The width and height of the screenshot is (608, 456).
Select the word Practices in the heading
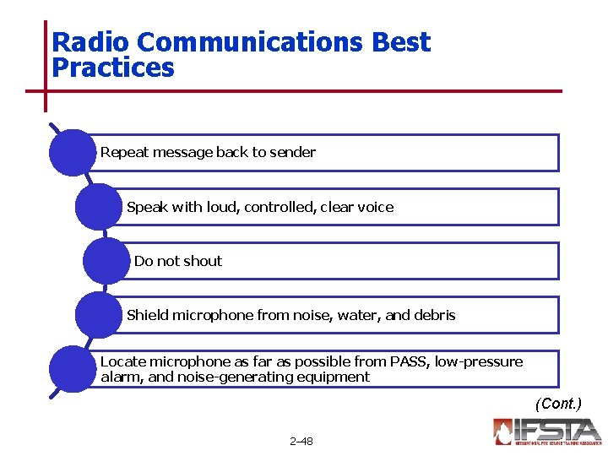[113, 68]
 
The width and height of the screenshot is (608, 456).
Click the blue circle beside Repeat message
[73, 153]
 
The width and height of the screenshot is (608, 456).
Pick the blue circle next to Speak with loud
[98, 207]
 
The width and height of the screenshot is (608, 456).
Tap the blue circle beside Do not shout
[106, 261]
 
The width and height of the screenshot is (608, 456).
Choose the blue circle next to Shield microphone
[98, 315]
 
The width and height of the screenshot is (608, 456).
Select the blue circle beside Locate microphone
[73, 369]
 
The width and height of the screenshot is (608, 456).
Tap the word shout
[202, 261]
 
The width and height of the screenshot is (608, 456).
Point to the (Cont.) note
[558, 404]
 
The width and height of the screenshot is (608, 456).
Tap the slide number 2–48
[301, 441]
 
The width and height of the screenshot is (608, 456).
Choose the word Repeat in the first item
[123, 153]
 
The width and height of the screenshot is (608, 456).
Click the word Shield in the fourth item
[147, 315]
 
